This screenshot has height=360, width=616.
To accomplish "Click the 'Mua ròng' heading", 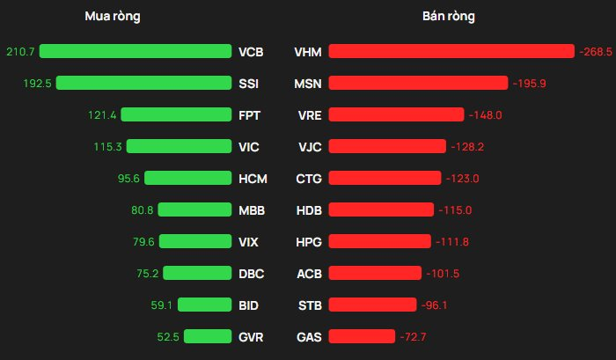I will point(112,17).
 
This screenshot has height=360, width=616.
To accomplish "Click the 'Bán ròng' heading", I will point(449,17).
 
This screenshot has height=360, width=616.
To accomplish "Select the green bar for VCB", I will point(135,52).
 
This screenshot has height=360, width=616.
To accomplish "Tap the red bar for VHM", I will point(451,52).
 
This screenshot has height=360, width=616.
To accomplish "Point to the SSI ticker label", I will point(250,84).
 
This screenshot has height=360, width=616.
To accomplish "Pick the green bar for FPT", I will point(175,115).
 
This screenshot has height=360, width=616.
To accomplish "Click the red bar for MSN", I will point(418,84).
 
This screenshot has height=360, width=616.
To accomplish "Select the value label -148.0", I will point(486,115).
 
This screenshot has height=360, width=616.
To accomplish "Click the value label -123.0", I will point(462,179).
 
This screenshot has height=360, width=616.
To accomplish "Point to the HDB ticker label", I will point(309,210).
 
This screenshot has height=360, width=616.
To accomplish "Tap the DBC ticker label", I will point(251,274).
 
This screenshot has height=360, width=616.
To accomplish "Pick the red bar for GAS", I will point(362,336).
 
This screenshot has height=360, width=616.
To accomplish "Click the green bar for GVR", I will point(207,336).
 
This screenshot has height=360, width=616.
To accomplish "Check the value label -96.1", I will point(437,305).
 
